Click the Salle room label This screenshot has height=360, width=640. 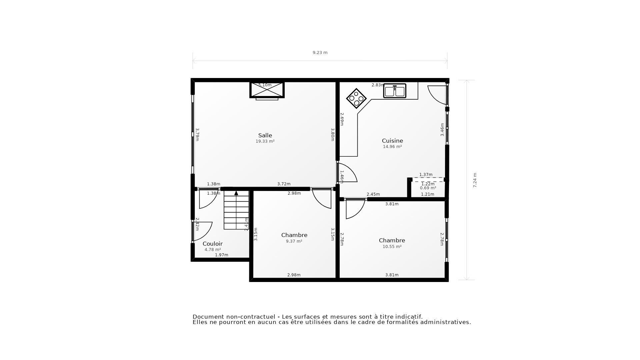(265, 135)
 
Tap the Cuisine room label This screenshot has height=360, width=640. (392, 141)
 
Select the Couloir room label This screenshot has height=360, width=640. (212, 244)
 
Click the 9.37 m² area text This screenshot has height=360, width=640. (294, 241)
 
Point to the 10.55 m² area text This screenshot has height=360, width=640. (392, 247)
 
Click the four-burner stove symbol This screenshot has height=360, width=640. (356, 98)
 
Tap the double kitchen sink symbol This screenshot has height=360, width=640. (395, 91)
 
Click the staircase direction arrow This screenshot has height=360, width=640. (236, 193)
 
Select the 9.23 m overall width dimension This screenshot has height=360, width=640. (320, 53)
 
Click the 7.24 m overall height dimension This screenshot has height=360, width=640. (475, 180)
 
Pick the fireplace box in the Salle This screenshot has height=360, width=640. (267, 90)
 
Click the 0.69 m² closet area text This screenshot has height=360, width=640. (428, 188)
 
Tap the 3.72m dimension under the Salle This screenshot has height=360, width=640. (284, 184)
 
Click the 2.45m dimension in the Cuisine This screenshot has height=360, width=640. (373, 194)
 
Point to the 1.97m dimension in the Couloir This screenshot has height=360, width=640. (221, 255)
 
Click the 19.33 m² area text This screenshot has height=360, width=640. (265, 141)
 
